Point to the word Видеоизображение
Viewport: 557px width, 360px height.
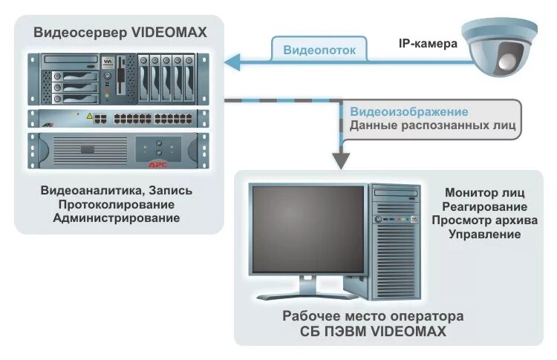pos(409,111)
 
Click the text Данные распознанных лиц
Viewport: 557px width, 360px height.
pos(433,125)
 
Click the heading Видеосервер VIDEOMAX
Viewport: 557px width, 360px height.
pos(120,33)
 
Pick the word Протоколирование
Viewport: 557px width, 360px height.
pos(117,204)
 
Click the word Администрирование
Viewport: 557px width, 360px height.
pos(117,218)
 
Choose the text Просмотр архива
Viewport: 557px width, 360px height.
pos(484,220)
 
